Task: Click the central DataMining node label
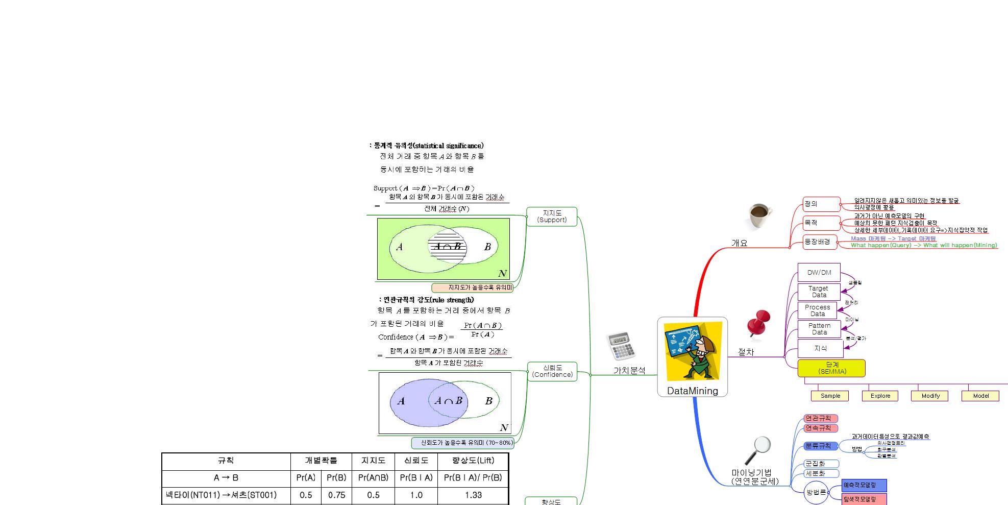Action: point(692,391)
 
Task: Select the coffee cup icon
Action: point(759,217)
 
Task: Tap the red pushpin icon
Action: point(758,323)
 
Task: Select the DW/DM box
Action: point(819,273)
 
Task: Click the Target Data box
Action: point(819,292)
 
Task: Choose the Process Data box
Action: point(817,310)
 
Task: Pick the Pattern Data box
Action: point(819,329)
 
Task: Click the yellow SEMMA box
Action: point(831,368)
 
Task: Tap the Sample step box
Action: point(830,396)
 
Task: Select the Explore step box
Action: point(880,396)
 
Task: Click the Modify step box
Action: point(930,396)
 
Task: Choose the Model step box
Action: point(980,396)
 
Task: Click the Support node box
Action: point(552,217)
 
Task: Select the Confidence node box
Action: point(552,371)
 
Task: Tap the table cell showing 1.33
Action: point(473,495)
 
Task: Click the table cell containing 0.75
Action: point(337,495)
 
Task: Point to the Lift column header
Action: point(473,461)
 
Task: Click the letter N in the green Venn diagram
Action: point(502,274)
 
